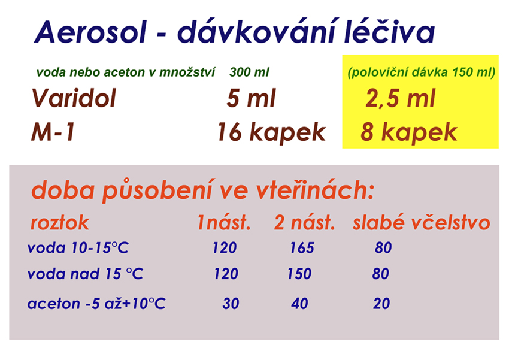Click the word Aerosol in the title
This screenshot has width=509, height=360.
click(x=90, y=32)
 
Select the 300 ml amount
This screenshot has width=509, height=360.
click(x=249, y=72)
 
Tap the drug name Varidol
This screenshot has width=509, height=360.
click(x=74, y=98)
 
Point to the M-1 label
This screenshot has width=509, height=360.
click(x=53, y=132)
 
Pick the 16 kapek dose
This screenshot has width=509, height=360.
click(x=271, y=132)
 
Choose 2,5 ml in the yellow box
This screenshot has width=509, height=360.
click(x=400, y=98)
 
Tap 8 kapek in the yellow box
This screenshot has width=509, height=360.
click(x=408, y=132)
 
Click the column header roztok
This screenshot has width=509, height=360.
click(x=60, y=223)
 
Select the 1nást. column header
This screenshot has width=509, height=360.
click(x=224, y=223)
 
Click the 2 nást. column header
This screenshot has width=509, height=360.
click(x=304, y=223)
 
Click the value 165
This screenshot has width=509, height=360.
click(x=302, y=248)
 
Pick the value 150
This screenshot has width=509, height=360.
click(x=299, y=274)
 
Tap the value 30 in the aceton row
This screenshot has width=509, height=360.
click(x=231, y=304)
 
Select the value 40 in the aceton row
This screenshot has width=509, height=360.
click(x=299, y=304)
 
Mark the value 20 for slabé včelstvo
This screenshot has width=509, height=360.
click(x=381, y=304)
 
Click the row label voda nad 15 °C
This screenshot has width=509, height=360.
click(x=85, y=274)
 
